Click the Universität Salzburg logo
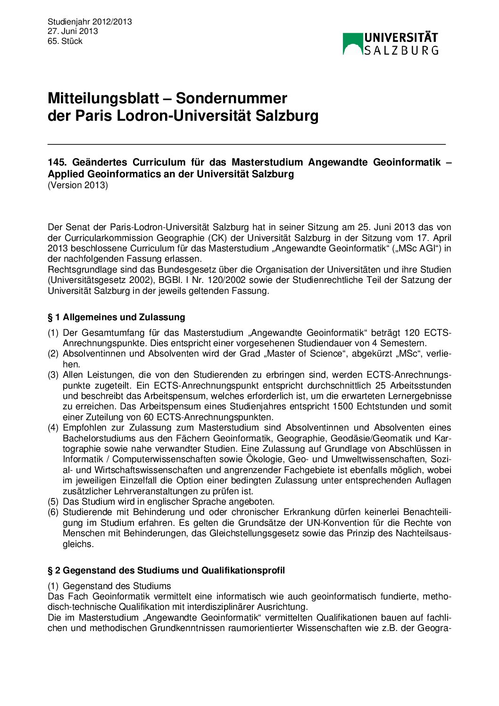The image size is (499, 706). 391,43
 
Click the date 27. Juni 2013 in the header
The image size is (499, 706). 73,31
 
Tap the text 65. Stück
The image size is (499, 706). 65,41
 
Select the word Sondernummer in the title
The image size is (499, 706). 231,98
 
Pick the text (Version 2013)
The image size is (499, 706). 78,185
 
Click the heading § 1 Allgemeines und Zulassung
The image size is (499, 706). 116,317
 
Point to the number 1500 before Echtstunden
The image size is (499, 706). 343,407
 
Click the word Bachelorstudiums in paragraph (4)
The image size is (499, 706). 95,438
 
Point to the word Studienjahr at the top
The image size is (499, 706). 68,22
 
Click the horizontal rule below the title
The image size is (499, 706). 246,143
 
